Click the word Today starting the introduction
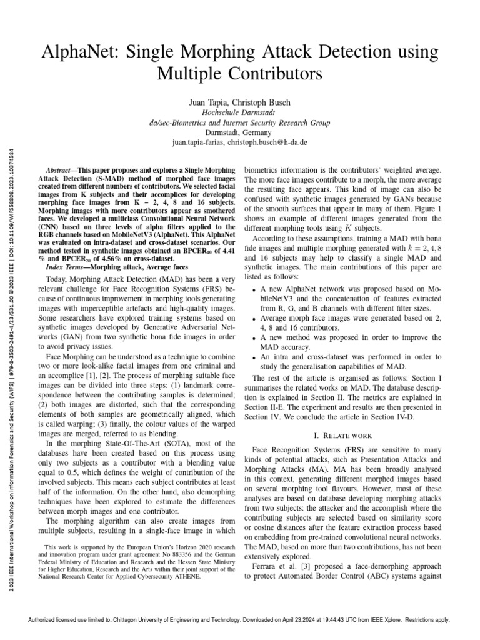click(x=58, y=279)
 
